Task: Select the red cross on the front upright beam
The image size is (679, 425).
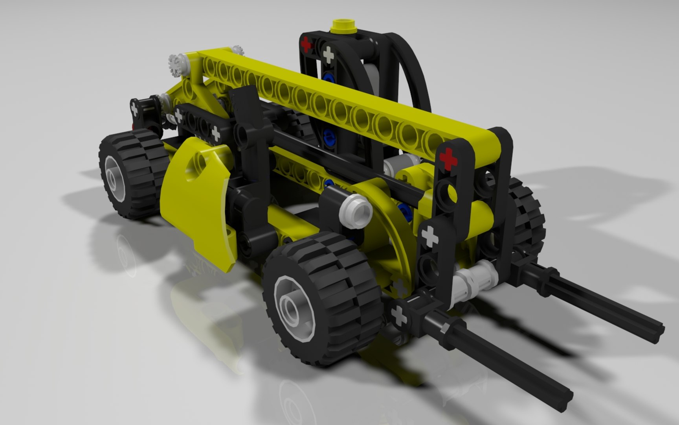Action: (448, 159)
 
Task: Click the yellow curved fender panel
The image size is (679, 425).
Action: (196, 197)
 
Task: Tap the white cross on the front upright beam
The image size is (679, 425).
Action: (429, 236)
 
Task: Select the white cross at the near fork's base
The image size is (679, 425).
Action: (399, 315)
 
